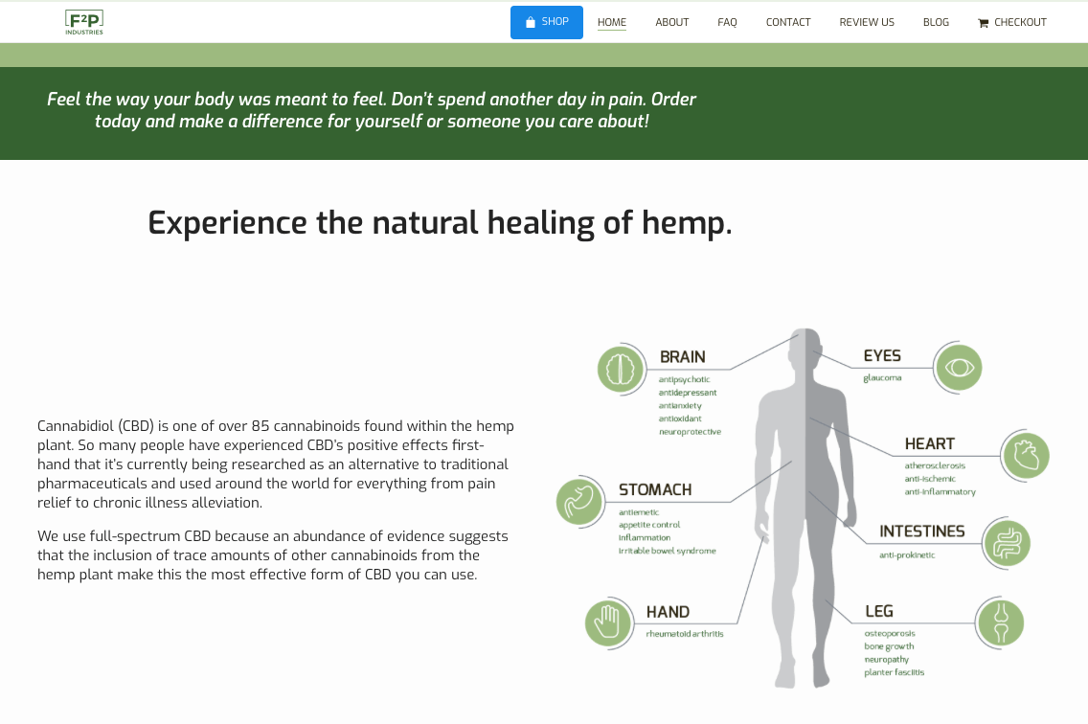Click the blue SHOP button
(547, 22)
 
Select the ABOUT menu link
(671, 22)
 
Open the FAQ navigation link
(727, 22)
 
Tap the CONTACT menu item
(788, 22)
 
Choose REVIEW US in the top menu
(867, 22)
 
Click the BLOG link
(936, 22)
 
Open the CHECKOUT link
(1012, 22)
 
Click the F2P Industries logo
(84, 22)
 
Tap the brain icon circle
(621, 369)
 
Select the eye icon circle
(959, 367)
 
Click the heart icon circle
(1026, 456)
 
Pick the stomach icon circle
(579, 501)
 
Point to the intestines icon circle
(1007, 543)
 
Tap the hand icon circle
(608, 622)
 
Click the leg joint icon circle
(1000, 622)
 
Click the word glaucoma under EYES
(882, 378)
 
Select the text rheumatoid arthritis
(685, 634)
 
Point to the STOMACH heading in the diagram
(655, 490)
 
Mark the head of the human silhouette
(805, 346)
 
